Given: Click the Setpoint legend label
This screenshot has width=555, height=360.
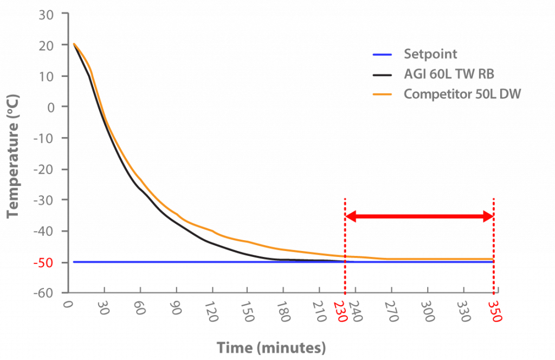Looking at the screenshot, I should click(430, 54).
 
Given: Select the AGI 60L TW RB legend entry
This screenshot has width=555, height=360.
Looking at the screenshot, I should click(449, 74).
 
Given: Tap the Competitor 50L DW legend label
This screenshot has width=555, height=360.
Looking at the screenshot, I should click(462, 94).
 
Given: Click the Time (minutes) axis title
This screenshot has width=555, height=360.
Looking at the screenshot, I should click(272, 348).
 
